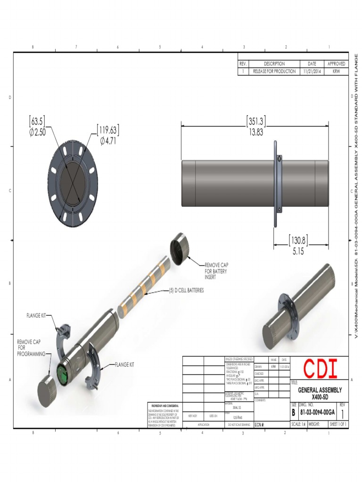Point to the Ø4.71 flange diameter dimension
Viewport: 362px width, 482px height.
[x=108, y=141]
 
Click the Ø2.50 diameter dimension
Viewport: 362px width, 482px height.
[x=37, y=133]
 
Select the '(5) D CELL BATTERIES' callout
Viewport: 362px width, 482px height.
[x=186, y=291]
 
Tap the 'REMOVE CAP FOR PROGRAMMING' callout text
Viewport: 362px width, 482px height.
[x=31, y=348]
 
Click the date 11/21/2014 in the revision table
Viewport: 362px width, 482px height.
[x=312, y=72]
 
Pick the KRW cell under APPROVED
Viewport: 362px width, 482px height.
[x=336, y=72]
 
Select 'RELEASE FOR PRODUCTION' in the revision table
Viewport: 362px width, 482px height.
[x=274, y=72]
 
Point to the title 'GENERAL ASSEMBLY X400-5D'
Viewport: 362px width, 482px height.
[x=320, y=393]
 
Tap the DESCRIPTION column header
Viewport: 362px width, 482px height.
[x=274, y=64]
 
